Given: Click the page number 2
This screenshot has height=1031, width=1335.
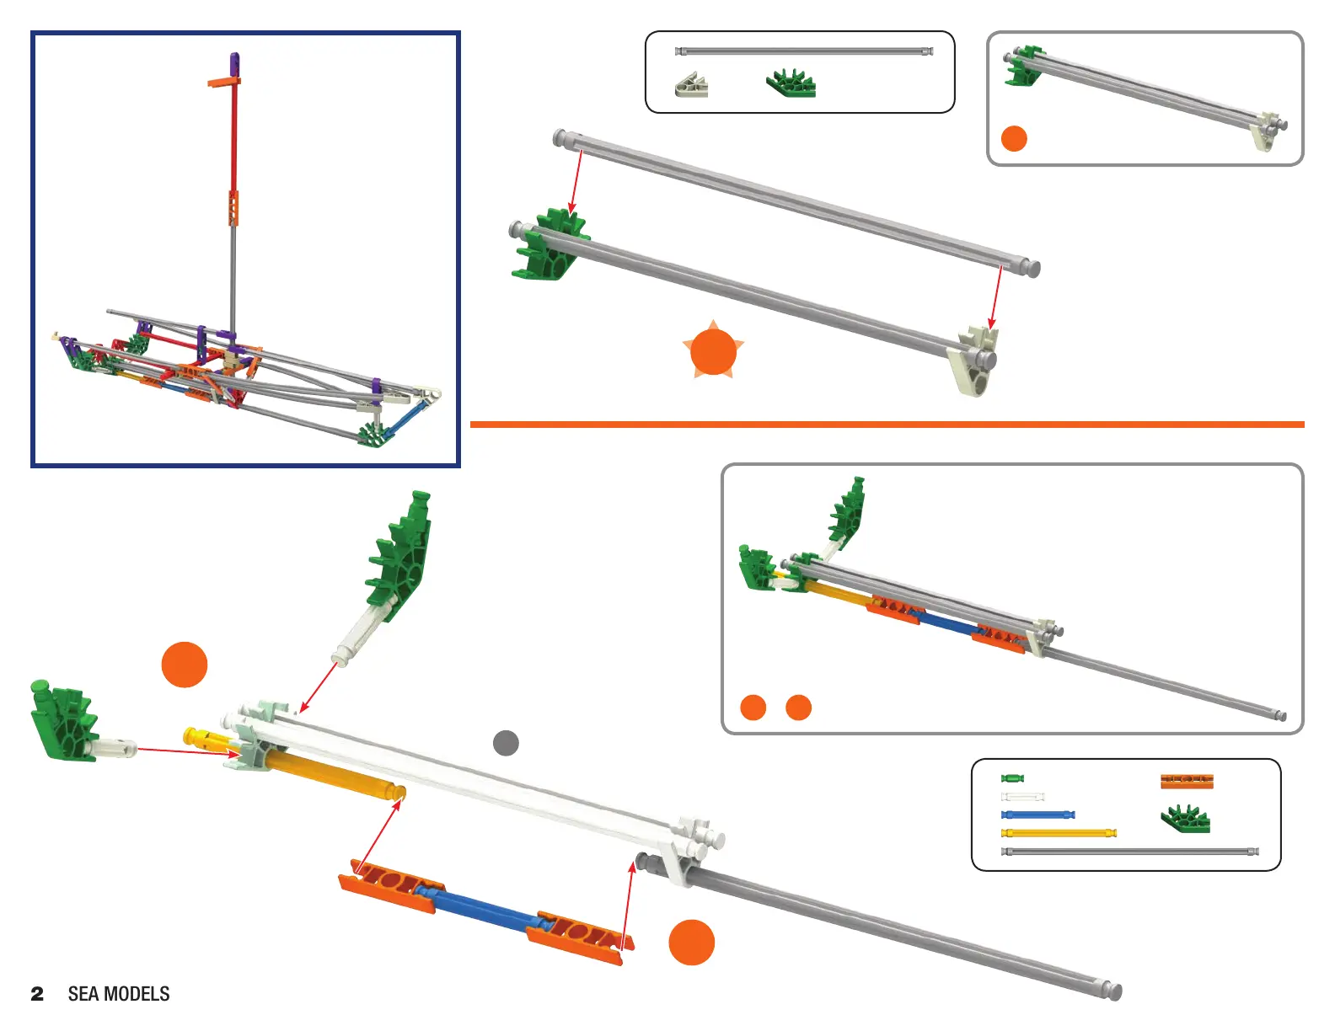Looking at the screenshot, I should pyautogui.click(x=37, y=994).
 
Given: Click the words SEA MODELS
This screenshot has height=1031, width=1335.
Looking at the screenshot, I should pyautogui.click(x=119, y=994).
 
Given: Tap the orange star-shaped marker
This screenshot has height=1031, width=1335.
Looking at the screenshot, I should pyautogui.click(x=713, y=351).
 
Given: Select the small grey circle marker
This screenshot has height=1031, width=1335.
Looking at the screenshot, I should pyautogui.click(x=506, y=743).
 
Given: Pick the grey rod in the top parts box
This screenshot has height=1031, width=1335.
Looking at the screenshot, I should pyautogui.click(x=804, y=51).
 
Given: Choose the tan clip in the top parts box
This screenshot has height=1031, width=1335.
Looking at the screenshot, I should pyautogui.click(x=691, y=85).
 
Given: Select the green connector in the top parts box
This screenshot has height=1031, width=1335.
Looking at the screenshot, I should pyautogui.click(x=791, y=83).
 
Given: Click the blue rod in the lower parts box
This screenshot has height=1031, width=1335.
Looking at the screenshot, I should pyautogui.click(x=1037, y=815).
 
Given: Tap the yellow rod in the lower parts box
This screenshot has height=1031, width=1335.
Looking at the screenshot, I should pyautogui.click(x=1059, y=833).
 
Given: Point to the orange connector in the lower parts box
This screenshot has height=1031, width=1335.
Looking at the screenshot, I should pyautogui.click(x=1187, y=781).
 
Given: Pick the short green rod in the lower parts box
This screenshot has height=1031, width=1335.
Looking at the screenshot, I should pyautogui.click(x=1012, y=778).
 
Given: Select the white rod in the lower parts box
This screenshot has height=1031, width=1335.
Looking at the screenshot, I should pyautogui.click(x=1023, y=797).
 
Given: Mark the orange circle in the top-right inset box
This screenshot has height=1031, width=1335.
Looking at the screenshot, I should pyautogui.click(x=1014, y=138).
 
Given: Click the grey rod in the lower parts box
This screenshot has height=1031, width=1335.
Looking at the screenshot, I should pyautogui.click(x=1130, y=852).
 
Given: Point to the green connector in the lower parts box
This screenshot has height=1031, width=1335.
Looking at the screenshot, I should pyautogui.click(x=1185, y=819).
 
